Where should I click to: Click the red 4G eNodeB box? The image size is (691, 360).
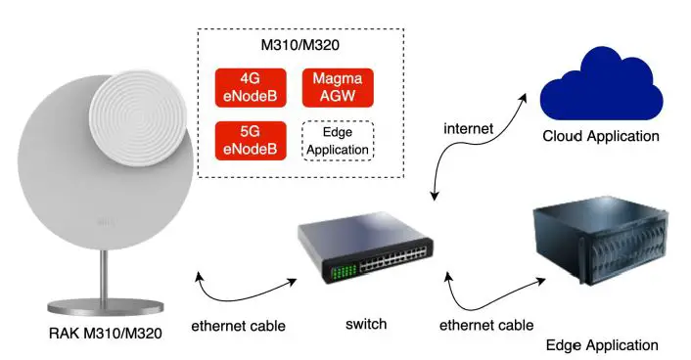coord(251,88)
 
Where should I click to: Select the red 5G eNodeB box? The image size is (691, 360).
coord(251,141)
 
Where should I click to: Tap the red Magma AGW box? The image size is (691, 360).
coord(337,88)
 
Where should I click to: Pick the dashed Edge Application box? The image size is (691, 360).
coord(337,141)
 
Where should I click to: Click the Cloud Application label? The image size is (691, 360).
coord(600,135)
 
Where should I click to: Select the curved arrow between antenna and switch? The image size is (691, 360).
coord(244,290)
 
